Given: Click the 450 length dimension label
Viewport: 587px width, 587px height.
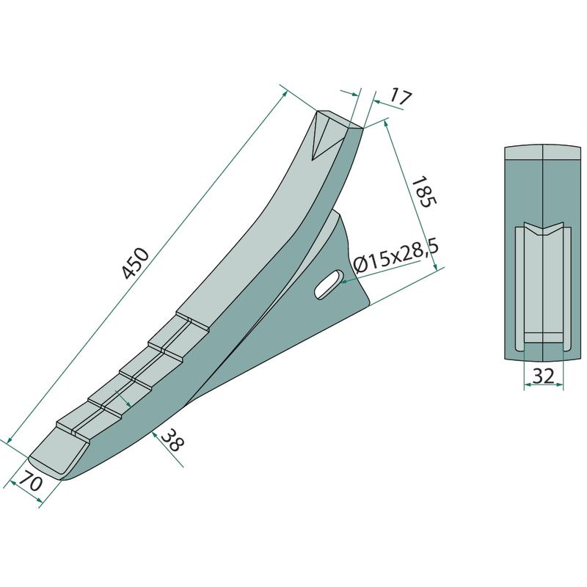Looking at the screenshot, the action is pyautogui.click(x=136, y=263).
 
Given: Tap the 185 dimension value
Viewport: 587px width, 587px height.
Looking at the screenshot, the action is pyautogui.click(x=424, y=192).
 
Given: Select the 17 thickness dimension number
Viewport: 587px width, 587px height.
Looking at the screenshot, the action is pyautogui.click(x=401, y=97).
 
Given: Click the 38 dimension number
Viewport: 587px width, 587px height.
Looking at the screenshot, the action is pyautogui.click(x=172, y=440).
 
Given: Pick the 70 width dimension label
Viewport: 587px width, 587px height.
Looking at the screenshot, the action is pyautogui.click(x=31, y=481).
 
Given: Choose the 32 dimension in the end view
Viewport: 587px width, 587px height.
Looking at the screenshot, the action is pyautogui.click(x=543, y=376).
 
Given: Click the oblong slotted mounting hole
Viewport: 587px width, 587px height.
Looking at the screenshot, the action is pyautogui.click(x=329, y=285).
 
